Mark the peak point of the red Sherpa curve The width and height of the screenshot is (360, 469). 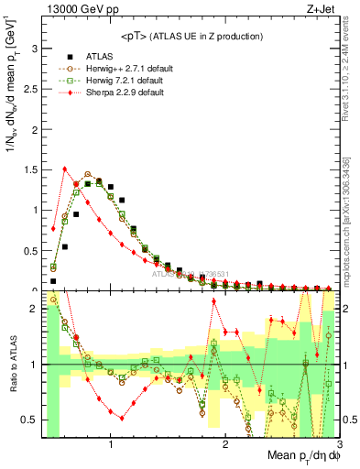point(65,169)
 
